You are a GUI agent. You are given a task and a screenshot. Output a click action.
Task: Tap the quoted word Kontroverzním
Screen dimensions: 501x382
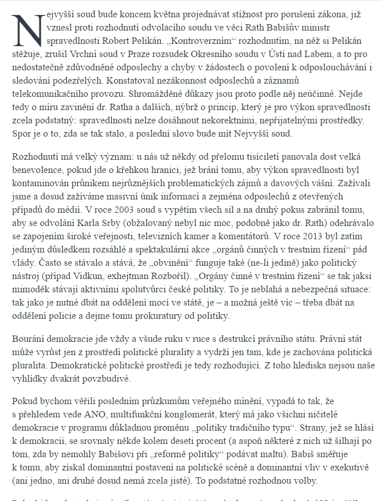[187, 42]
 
